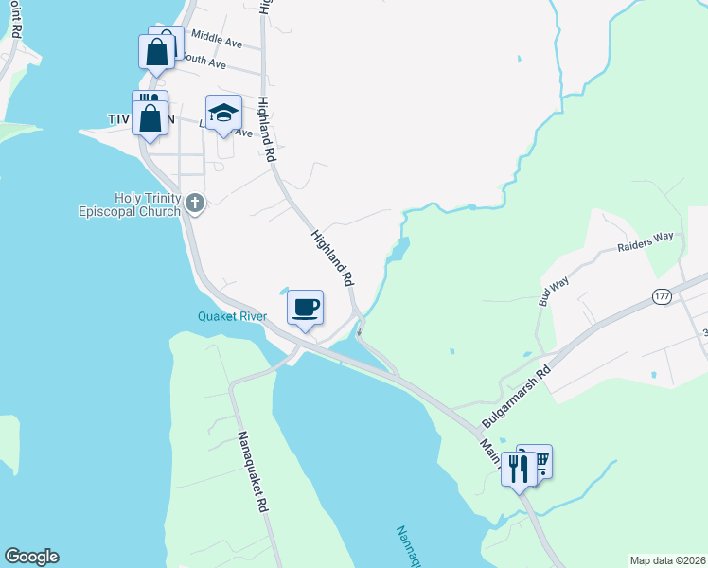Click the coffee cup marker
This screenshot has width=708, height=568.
[x=305, y=309]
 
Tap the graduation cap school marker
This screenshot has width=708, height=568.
[x=223, y=114]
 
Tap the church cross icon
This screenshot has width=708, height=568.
[x=195, y=202]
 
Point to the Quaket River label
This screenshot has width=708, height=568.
[x=232, y=316]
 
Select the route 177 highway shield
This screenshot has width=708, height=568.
[x=663, y=297]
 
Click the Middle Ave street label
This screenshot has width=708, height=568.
[x=217, y=40]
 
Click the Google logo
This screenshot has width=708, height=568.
[x=31, y=557]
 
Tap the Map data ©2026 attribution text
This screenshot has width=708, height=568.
[x=666, y=560]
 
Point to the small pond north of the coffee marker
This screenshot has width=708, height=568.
[x=284, y=291]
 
